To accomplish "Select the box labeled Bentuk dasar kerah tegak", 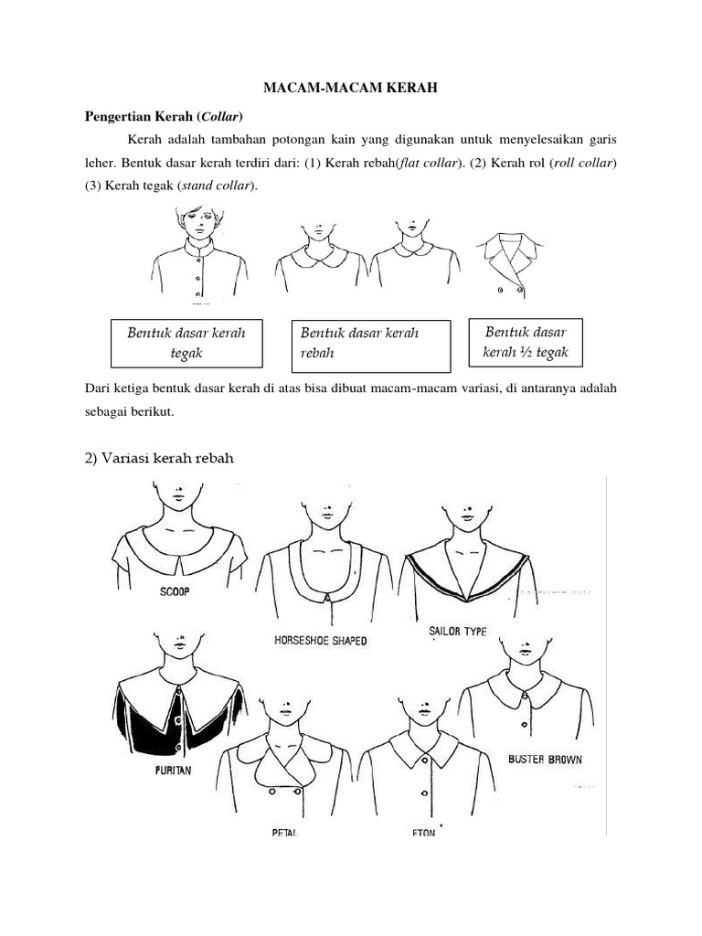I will coord(186,343).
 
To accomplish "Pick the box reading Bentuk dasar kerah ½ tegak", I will coord(525,343).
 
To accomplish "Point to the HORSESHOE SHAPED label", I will coord(321,641).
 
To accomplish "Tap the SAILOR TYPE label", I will coord(457,631).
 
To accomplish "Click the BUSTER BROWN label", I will coord(545,759).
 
